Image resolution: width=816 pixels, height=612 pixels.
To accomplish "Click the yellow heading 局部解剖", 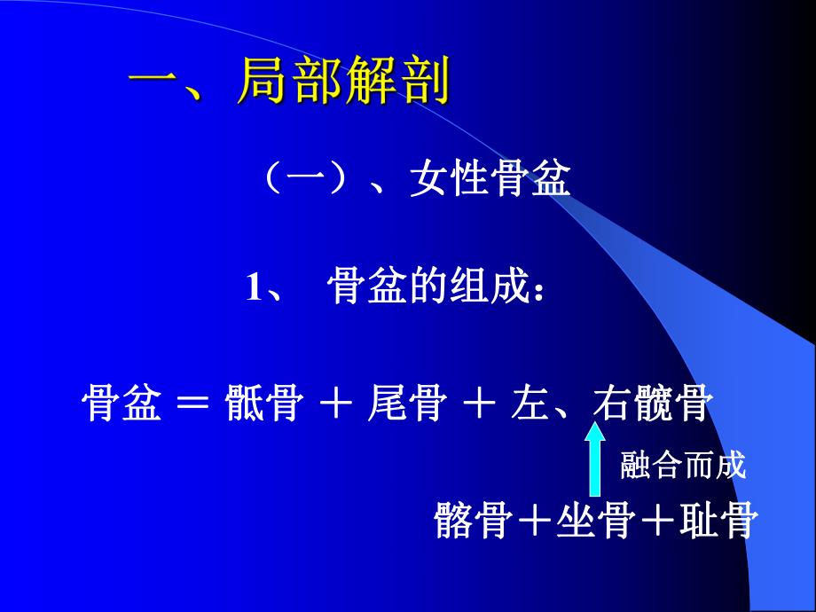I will coord(343,82).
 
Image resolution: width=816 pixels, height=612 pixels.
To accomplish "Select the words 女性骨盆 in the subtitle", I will coord(490,182).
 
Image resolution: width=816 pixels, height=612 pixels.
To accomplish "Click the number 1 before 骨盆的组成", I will coord(255,289).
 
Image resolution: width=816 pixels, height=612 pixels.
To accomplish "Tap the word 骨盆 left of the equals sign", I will coord(122,405).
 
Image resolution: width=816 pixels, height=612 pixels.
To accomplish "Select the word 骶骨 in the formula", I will coord(263,405).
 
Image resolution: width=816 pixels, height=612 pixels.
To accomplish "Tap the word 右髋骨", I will coord(653,405).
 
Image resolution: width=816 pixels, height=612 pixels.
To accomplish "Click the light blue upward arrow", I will coord(595,460).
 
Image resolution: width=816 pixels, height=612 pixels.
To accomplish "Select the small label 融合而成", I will coord(683,464).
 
